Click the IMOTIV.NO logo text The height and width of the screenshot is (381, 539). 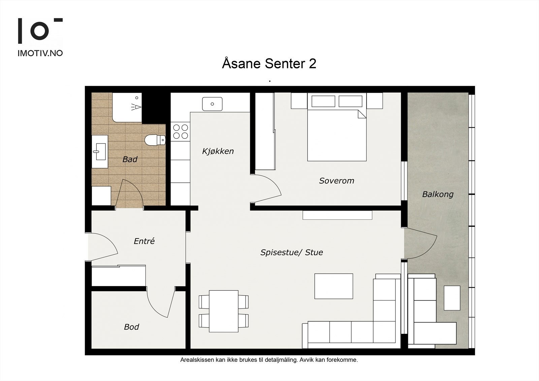click(40, 53)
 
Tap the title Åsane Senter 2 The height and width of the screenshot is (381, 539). click(269, 63)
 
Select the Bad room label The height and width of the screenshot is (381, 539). click(130, 159)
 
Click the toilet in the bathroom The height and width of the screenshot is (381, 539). click(155, 140)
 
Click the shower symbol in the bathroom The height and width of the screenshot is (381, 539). click(136, 107)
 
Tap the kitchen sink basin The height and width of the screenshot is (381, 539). click(212, 104)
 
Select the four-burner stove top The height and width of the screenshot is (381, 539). click(181, 132)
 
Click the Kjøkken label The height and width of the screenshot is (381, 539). click(218, 151)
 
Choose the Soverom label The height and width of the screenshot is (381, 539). click(337, 181)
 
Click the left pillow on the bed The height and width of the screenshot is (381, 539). click(323, 101)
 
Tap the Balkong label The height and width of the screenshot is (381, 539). click(438, 194)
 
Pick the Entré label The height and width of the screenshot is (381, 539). click(144, 241)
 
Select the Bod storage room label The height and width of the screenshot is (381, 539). click(131, 327)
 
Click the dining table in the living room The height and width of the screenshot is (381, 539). click(224, 311)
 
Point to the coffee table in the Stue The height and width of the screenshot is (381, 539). click(334, 286)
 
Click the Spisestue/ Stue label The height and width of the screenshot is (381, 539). click(292, 252)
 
